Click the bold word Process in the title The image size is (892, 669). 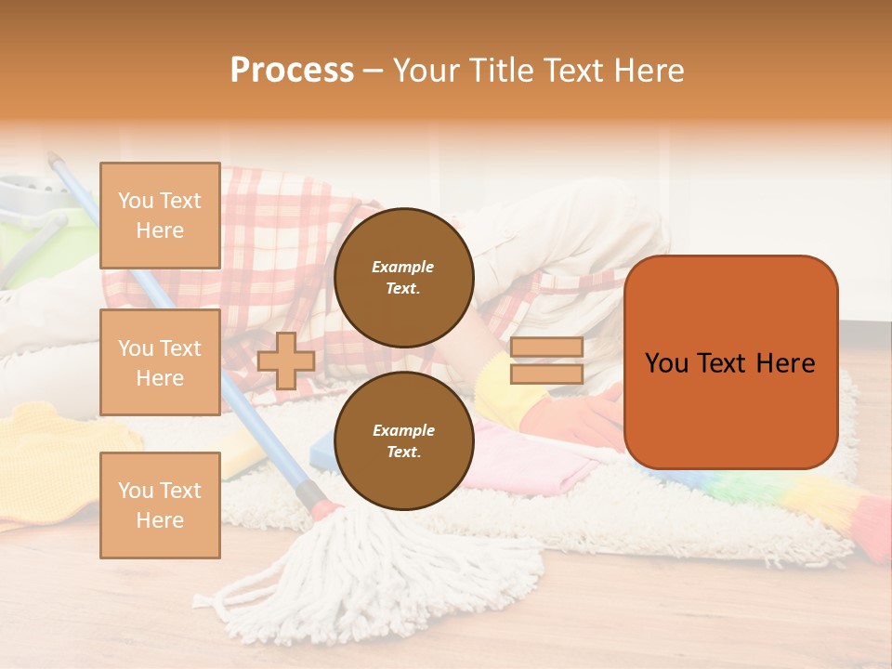[x=292, y=71]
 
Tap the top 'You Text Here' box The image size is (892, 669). [x=160, y=216]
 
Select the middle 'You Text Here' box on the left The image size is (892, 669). [x=160, y=362]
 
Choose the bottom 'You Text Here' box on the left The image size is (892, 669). [x=160, y=505]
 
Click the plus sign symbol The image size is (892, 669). [x=286, y=361]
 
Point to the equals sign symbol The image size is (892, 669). [x=546, y=361]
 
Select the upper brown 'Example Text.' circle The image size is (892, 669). [x=403, y=278]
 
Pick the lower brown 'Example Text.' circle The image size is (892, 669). [x=403, y=441]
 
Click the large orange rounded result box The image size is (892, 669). [x=730, y=362]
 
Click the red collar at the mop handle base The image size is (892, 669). [x=327, y=508]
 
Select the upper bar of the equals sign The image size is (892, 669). [x=546, y=348]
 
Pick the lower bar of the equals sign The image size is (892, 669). [x=546, y=374]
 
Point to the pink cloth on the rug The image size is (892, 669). [x=520, y=455]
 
